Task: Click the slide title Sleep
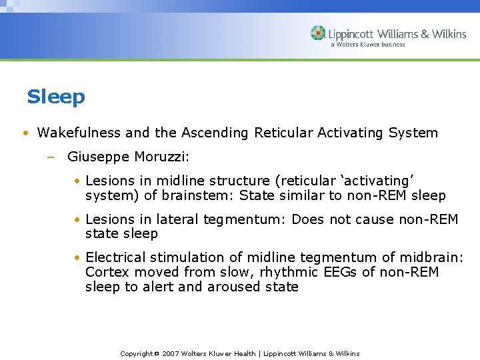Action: tap(56, 97)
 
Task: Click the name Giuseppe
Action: tap(98, 157)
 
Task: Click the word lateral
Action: tap(175, 219)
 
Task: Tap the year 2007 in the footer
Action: tap(171, 353)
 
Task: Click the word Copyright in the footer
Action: tap(136, 353)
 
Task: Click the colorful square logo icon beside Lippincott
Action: tap(318, 33)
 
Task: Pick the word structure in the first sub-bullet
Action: tap(239, 181)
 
